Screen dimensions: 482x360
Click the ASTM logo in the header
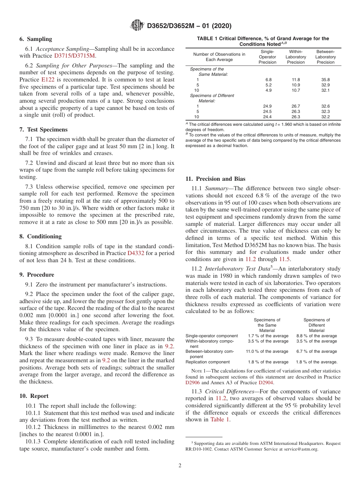137,25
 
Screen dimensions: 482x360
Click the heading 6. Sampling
36,39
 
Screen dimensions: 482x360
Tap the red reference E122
47,80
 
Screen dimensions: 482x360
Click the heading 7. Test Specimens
43,130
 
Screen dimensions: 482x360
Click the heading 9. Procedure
37,275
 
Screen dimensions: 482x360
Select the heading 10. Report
34,396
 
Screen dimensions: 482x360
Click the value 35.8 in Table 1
325,80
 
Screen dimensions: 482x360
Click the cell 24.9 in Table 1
267,106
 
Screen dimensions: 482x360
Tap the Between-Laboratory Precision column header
325,57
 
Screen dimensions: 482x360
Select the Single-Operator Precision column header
267,57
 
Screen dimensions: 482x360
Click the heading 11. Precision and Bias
215,179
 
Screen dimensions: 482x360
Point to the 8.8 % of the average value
316,336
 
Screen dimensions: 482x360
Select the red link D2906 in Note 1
193,383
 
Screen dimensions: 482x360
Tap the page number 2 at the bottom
180,466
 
